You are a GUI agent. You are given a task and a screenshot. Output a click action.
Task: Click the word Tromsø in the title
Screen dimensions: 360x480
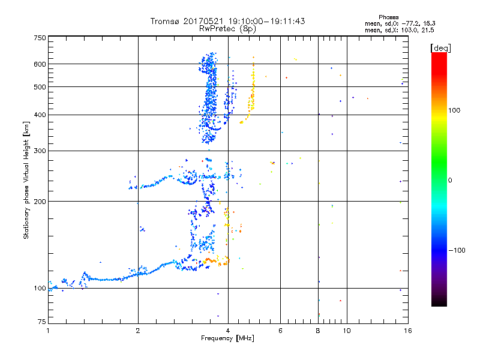(163, 21)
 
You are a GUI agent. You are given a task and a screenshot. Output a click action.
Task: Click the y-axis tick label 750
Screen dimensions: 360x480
(40, 37)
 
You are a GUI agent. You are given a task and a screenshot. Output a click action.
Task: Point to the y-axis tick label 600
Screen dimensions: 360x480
(40, 64)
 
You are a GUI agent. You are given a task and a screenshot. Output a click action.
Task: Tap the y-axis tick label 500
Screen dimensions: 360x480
(40, 87)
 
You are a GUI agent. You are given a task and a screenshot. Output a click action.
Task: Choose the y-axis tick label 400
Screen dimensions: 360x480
(40, 115)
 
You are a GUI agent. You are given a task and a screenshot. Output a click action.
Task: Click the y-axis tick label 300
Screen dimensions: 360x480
(40, 151)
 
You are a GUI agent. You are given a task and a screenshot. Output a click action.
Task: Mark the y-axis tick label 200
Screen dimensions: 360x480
(40, 202)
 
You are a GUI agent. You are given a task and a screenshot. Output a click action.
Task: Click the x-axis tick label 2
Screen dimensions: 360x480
(138, 330)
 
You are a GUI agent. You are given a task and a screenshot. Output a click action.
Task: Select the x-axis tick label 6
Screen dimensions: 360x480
(280, 330)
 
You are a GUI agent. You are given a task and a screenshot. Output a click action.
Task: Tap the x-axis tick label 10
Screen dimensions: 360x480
(346, 330)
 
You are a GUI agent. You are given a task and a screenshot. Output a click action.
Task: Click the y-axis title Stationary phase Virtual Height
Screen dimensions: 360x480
(26, 180)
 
